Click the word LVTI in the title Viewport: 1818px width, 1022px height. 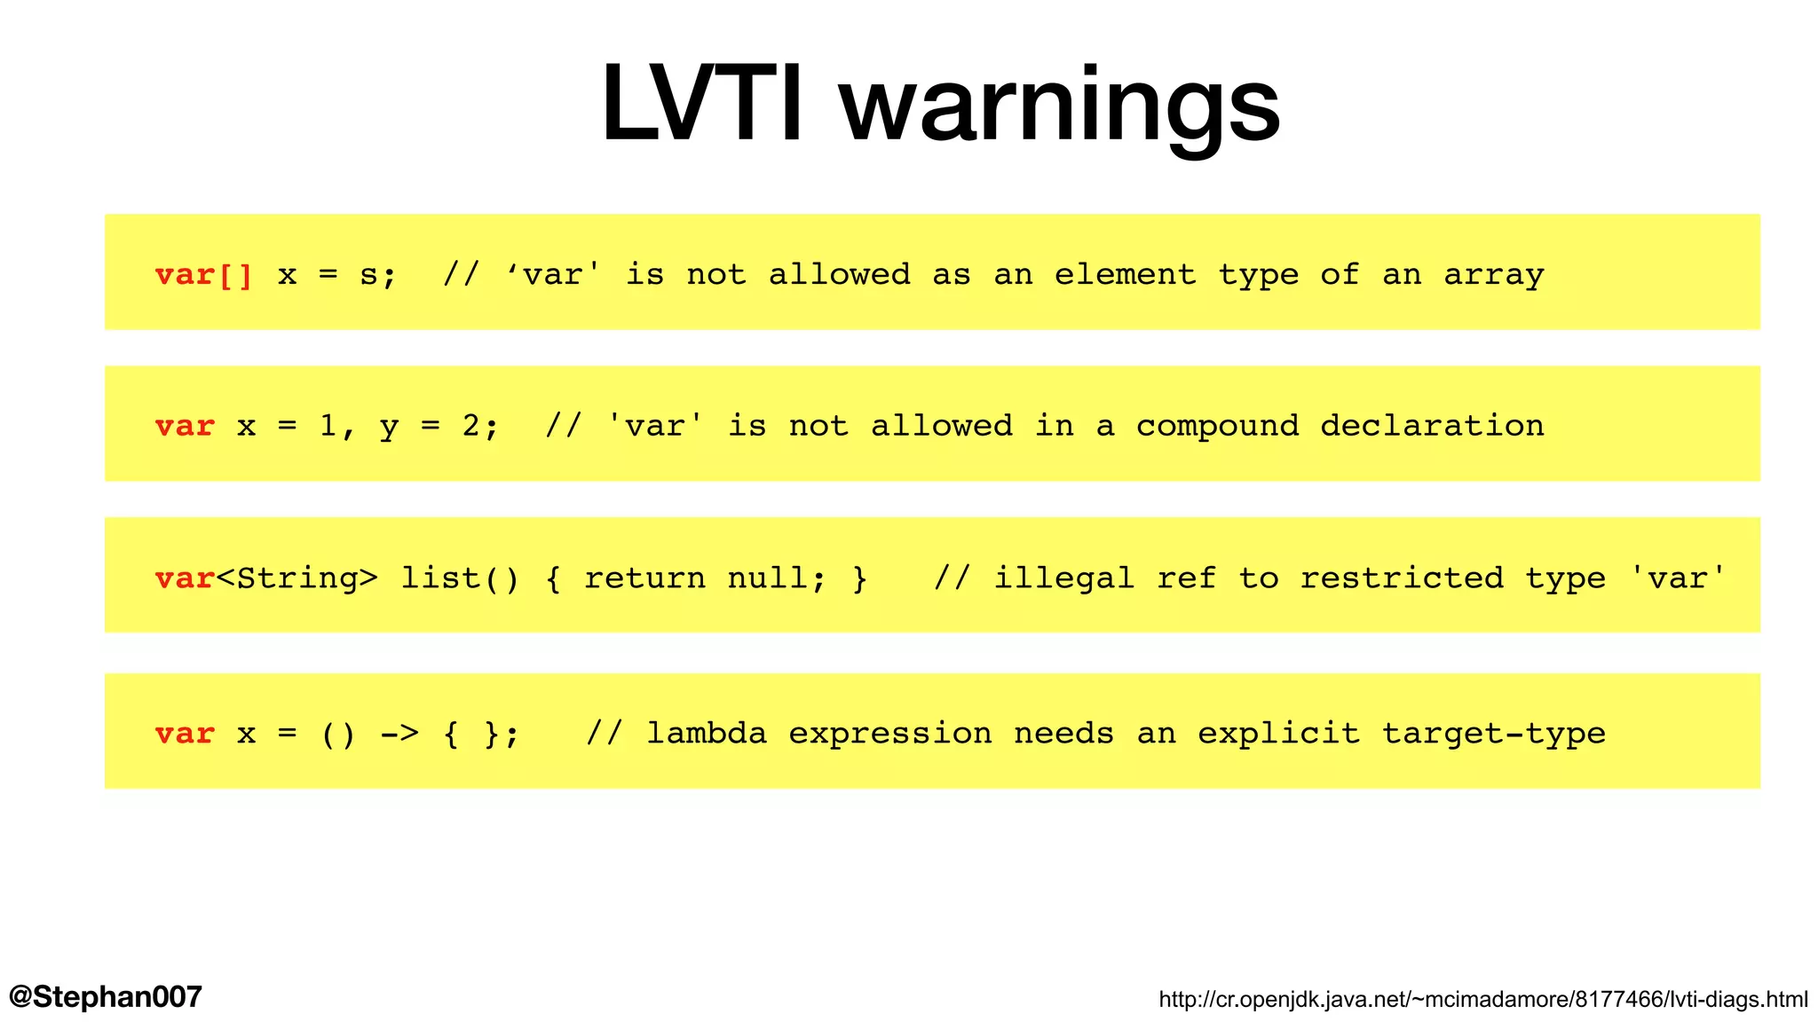[701, 105]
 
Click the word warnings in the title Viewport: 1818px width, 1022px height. [1060, 108]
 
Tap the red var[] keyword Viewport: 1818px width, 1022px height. [204, 275]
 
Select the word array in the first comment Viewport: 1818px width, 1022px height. [1493, 275]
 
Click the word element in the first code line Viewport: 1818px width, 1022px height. [1125, 275]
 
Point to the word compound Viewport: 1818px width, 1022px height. [1217, 427]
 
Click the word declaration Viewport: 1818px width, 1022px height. [1432, 427]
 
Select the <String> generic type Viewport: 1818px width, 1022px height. [297, 578]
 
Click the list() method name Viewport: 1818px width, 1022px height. [459, 578]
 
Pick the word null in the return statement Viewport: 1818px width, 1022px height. [768, 578]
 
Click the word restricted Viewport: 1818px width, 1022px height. [1402, 578]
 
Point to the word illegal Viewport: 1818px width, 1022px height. [1063, 578]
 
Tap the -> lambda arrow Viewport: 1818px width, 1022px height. [399, 734]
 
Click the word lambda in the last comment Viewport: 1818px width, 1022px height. [707, 734]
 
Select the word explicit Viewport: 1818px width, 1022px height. [1278, 734]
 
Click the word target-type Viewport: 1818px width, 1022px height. [1493, 734]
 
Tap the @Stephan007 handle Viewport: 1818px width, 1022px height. [106, 996]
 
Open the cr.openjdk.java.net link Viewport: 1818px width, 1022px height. [1482, 1000]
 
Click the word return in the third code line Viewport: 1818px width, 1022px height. [644, 578]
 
